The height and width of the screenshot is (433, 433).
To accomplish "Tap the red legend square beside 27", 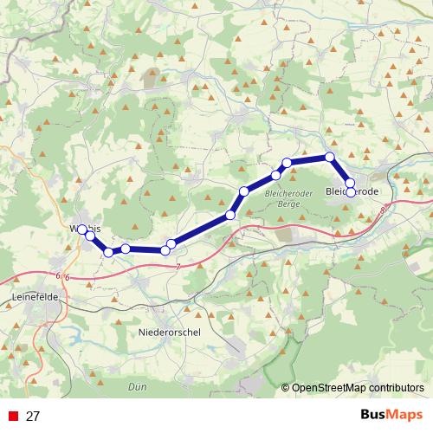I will [x=12, y=417].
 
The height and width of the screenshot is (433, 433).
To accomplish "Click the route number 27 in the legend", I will [x=33, y=417].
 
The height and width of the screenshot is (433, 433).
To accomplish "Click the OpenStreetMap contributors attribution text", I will [x=358, y=387].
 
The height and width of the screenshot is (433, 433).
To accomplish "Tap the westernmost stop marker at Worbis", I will [x=82, y=229].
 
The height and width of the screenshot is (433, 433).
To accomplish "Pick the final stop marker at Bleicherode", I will [x=350, y=192].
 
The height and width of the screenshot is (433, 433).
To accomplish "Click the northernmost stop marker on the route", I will [x=329, y=157].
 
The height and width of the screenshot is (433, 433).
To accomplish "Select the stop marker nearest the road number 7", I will [x=171, y=245].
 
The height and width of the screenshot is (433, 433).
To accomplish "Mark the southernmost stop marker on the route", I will [x=108, y=252].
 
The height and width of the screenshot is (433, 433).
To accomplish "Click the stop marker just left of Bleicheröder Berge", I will [x=244, y=191].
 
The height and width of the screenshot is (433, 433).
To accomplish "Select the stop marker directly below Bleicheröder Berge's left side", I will [x=230, y=214].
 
